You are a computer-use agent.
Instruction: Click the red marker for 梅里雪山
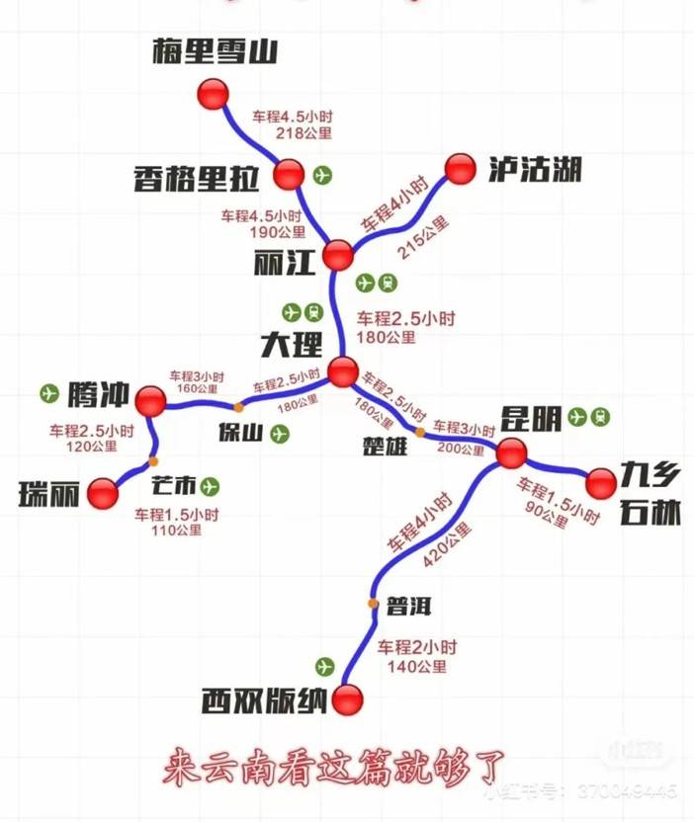[x=212, y=94]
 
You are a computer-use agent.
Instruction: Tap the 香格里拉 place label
[x=196, y=178]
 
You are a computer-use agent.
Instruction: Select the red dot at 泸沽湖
[x=460, y=169]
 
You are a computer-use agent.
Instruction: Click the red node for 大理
[x=342, y=371]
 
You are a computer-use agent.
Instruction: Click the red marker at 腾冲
[x=150, y=400]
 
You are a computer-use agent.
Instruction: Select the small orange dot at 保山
[x=238, y=407]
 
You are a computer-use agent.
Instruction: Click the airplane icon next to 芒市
[x=209, y=486]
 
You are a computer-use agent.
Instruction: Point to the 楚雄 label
[x=385, y=446]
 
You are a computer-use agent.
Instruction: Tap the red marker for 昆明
[x=511, y=453]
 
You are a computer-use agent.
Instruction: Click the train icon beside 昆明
[x=600, y=417]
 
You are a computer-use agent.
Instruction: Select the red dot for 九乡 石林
[x=600, y=484]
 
